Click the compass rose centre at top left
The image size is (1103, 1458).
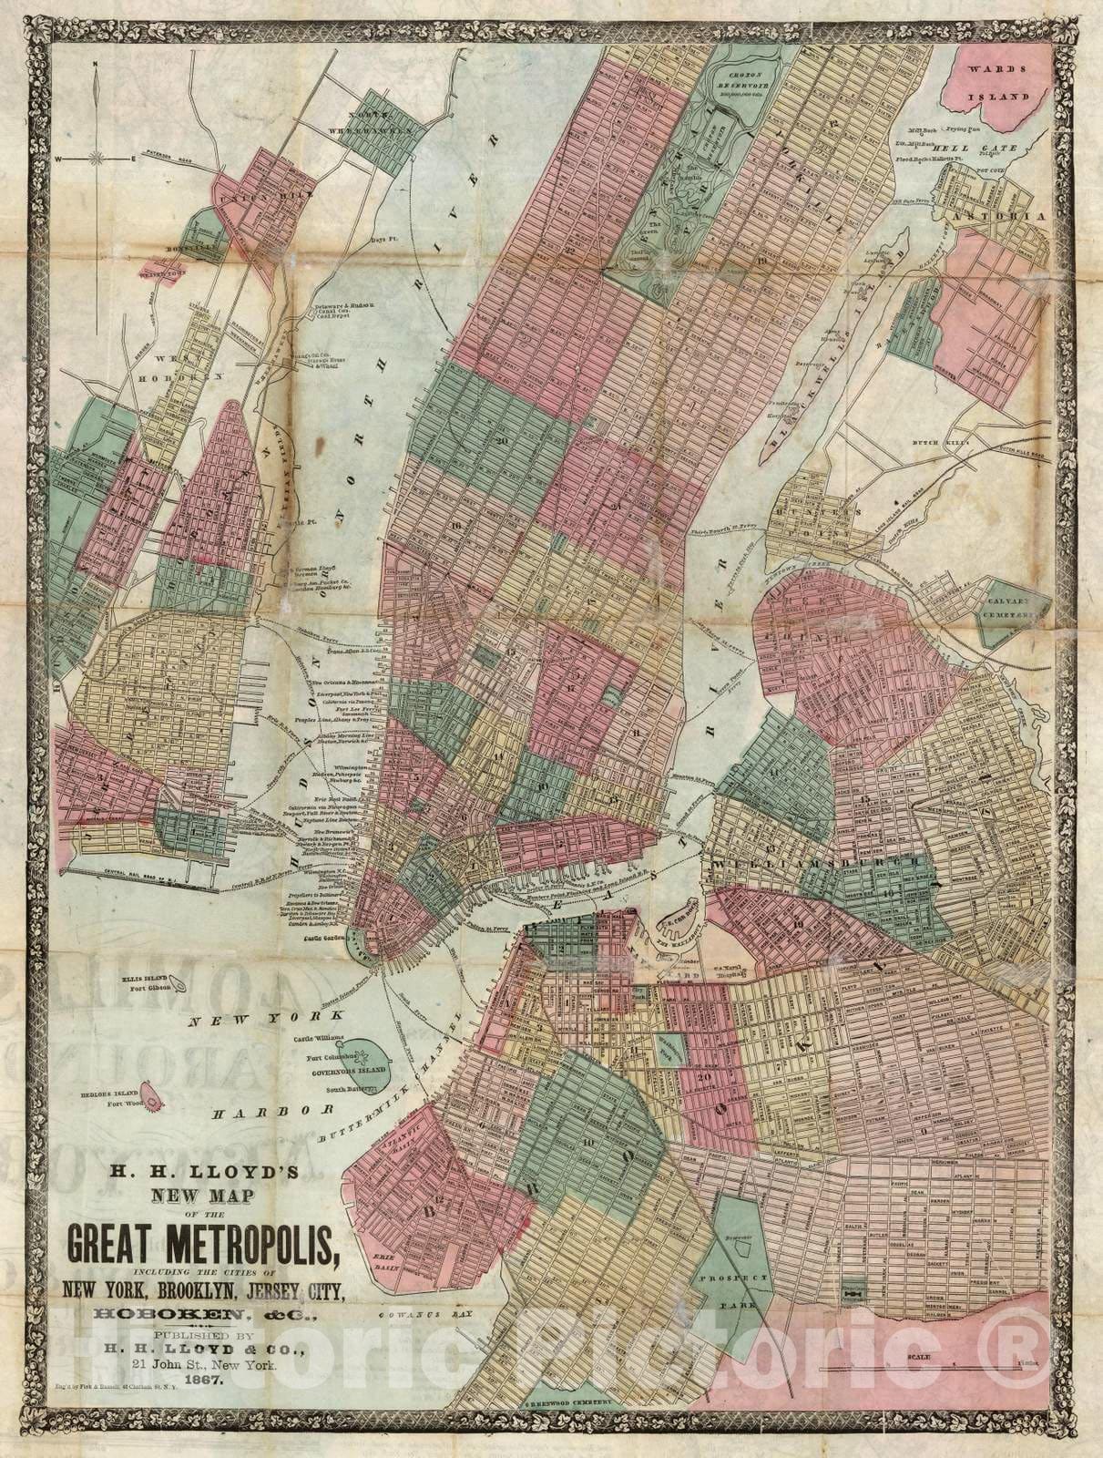[x=94, y=159]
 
